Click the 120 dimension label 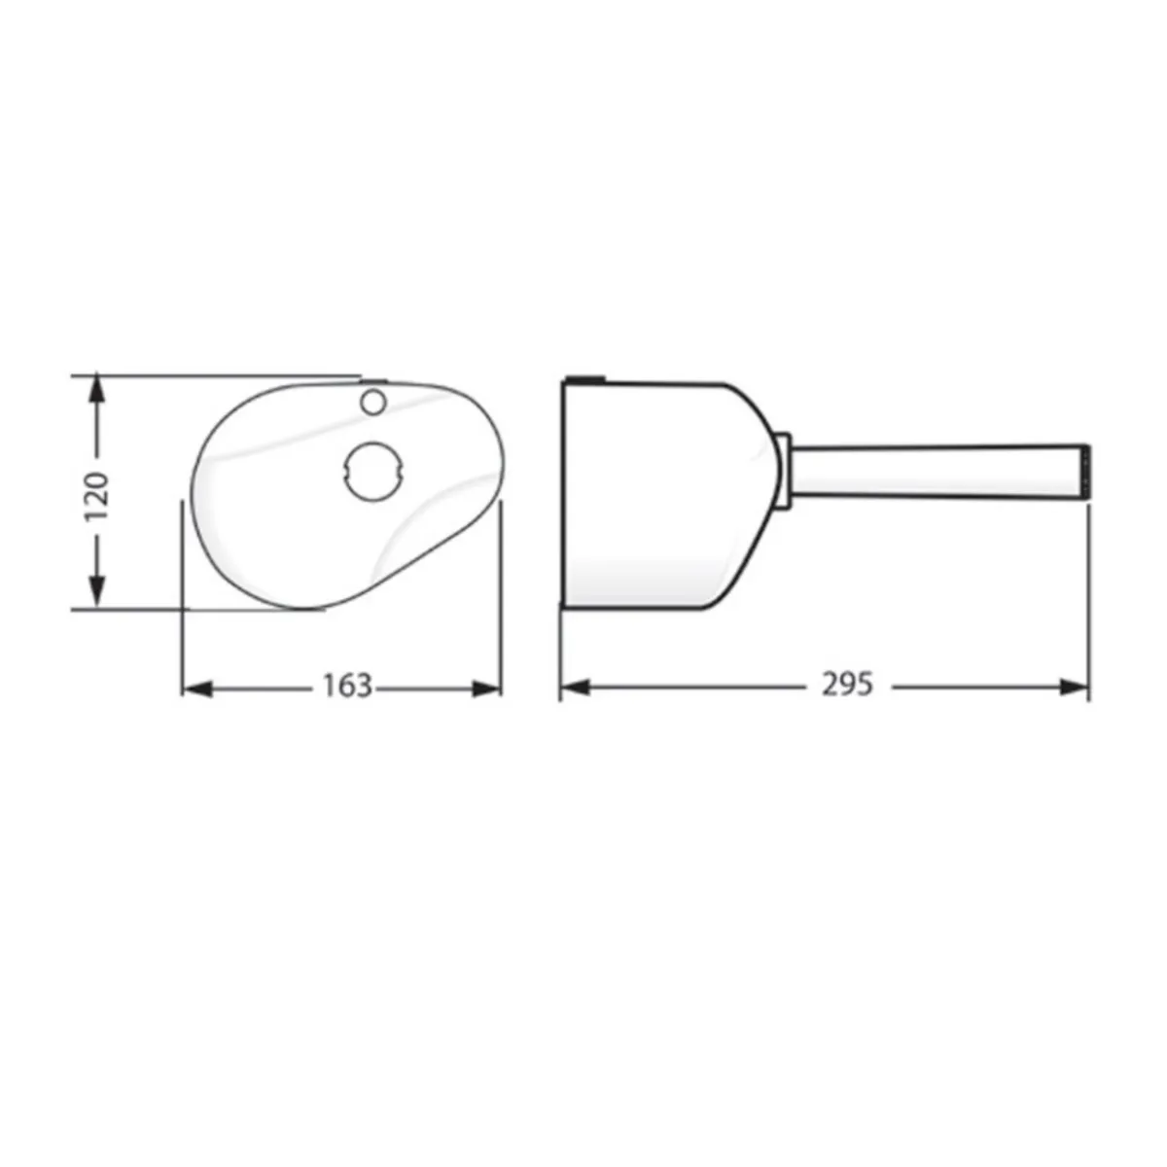[97, 496]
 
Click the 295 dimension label [847, 685]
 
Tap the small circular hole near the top [373, 402]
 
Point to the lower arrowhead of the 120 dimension [97, 592]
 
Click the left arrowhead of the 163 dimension [197, 689]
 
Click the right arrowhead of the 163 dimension [486, 689]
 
